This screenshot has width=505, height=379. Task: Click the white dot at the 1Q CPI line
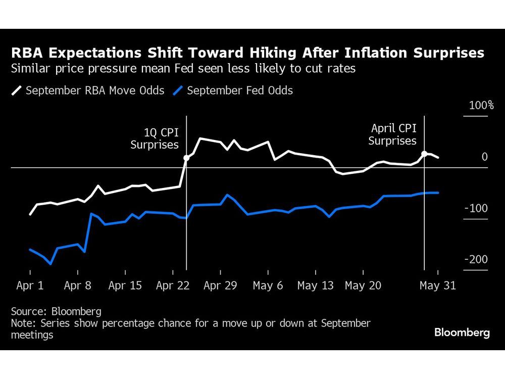[x=186, y=158]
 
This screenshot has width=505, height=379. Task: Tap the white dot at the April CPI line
[x=425, y=154]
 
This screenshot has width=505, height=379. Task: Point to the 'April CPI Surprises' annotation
[x=392, y=134]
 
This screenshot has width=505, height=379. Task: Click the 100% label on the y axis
[x=481, y=106]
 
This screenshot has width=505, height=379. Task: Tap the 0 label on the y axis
[x=485, y=157]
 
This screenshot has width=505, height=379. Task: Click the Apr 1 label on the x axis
[x=30, y=286]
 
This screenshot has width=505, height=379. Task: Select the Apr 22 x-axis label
[x=173, y=286]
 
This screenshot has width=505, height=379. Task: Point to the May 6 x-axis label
[x=268, y=286]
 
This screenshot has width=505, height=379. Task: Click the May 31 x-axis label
[x=438, y=286]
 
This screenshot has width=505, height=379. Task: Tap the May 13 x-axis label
[x=316, y=286]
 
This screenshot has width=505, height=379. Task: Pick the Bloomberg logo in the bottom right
[x=462, y=333]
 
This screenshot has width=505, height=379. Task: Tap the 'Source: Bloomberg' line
[x=56, y=311]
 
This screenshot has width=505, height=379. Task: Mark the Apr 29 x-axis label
[x=221, y=286]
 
